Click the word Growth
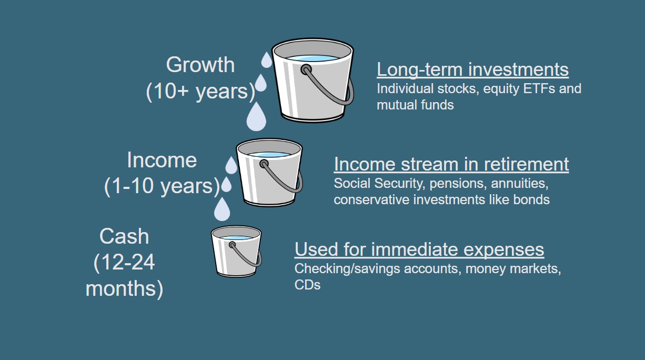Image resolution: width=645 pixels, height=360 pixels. [200, 65]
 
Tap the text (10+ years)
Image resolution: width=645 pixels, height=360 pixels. [200, 91]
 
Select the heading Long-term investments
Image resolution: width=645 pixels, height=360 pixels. [472, 69]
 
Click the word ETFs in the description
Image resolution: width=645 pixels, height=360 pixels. [538, 88]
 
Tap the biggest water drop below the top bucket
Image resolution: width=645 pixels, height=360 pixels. [256, 117]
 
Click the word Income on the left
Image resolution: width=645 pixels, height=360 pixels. [162, 160]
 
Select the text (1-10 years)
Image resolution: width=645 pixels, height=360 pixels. [162, 186]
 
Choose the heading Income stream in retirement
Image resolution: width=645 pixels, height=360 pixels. [451, 164]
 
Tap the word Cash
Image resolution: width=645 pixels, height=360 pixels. [124, 236]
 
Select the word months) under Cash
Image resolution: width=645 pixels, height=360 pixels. [124, 289]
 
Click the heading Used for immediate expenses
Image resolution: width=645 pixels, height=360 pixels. [419, 249]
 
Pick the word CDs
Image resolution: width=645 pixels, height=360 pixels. [307, 285]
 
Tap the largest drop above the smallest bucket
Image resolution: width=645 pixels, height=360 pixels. [222, 209]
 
